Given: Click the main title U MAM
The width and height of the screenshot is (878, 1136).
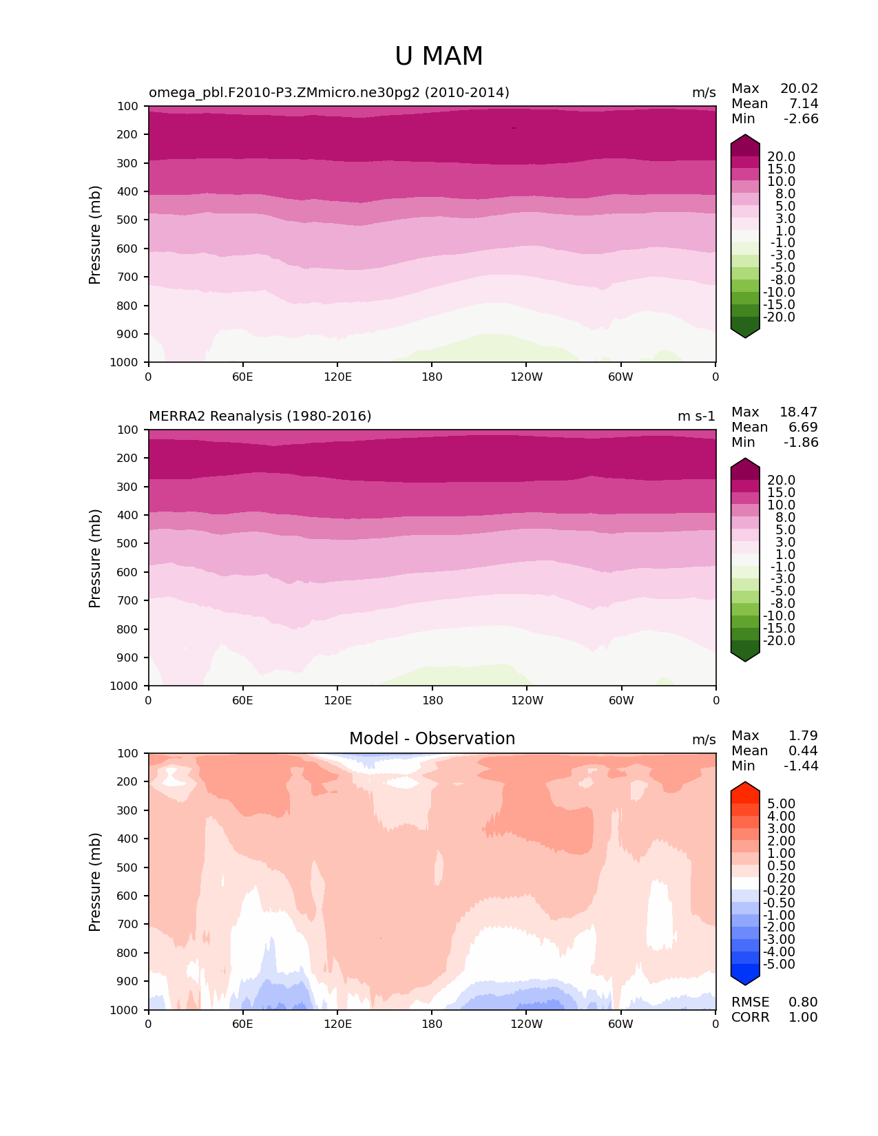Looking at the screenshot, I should coord(439,56).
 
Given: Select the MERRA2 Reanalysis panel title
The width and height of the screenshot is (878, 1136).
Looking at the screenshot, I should coord(260,417).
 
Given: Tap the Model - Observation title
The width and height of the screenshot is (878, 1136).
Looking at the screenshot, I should coord(432,739).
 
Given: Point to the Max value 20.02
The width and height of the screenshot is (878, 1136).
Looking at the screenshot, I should coord(799,89).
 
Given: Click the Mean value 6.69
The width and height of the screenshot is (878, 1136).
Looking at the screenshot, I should coord(803,428).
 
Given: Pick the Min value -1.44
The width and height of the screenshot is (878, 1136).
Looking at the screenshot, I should coord(800,766).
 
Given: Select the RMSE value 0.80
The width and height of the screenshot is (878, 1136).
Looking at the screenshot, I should coord(803,1002).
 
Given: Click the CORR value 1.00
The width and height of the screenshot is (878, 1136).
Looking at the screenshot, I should coord(803,1018).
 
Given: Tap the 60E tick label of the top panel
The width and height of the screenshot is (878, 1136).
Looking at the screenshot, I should coord(242,377).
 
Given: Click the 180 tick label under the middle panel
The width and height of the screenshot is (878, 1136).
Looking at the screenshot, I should coord(432,701).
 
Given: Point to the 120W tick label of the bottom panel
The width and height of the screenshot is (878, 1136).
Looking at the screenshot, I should coord(526,1024).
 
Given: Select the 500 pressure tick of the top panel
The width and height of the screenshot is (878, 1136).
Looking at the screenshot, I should coord(129,220).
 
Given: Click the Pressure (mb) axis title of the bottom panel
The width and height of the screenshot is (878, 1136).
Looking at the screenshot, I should coord(95,882).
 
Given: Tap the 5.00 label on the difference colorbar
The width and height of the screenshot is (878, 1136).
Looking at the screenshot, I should coord(781,804).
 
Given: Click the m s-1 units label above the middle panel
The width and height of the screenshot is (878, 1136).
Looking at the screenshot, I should coord(696,417).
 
